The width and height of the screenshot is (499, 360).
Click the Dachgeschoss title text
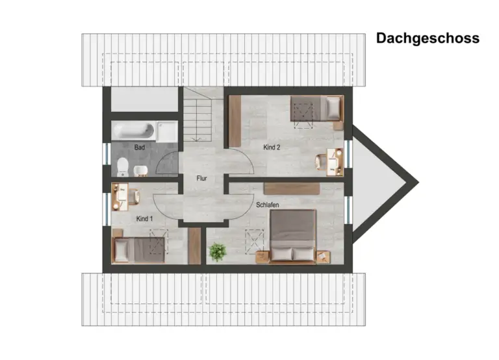coord(428,38)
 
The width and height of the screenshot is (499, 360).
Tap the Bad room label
coord(140,148)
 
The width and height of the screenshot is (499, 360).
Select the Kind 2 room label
coord(272,148)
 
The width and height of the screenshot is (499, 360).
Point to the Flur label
coord(202,178)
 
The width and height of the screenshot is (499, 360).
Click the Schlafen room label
coord(267,205)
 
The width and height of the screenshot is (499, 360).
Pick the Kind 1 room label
coord(144,219)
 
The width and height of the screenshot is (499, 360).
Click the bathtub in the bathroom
coord(134,131)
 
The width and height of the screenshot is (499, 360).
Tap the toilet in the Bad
coord(123,167)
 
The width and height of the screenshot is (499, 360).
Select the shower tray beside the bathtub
coord(167,131)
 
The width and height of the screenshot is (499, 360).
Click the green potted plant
coord(218,251)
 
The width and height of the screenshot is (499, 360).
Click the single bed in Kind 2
coord(316,109)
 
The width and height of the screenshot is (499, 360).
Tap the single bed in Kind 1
coord(138,250)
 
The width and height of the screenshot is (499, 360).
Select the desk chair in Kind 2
coord(321,162)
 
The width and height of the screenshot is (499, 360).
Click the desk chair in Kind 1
coord(134,197)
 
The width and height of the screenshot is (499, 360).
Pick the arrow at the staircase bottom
coord(197,139)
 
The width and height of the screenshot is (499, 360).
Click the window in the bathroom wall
coord(107,154)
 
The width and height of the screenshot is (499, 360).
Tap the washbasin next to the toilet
coord(140,171)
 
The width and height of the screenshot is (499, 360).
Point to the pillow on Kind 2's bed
coord(333,109)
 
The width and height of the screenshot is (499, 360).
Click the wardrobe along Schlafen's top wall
coord(292,188)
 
